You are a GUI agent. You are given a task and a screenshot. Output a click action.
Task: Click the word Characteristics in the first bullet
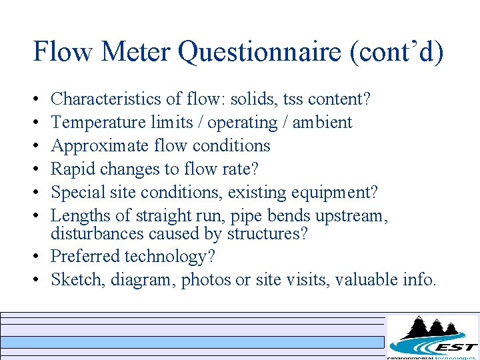coord(102,99)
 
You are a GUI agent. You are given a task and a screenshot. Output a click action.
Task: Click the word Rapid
coord(71,169)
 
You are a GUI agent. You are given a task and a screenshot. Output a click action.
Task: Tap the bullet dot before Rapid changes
coord(36,169)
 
